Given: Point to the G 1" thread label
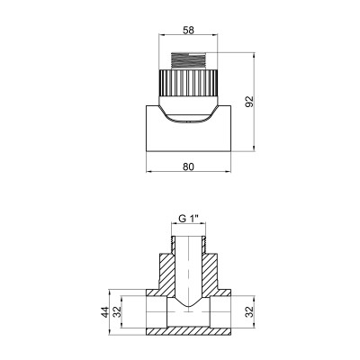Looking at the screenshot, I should pyautogui.click(x=188, y=216).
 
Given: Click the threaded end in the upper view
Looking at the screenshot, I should pyautogui.click(x=188, y=59).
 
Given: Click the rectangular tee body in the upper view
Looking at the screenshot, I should pyautogui.click(x=157, y=130).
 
